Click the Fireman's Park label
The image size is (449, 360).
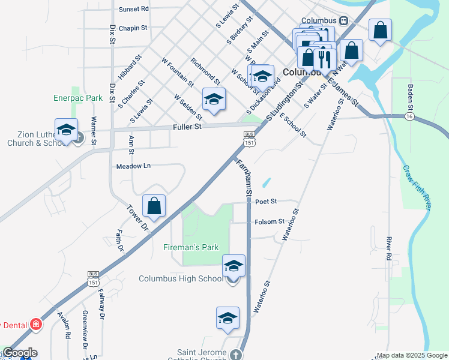pyautogui.click(x=191, y=247)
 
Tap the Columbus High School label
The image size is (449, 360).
pyautogui.click(x=181, y=278)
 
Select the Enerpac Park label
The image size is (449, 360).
pyautogui.click(x=79, y=97)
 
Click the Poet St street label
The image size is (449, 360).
pyautogui.click(x=265, y=202)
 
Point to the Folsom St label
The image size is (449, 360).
pyautogui.click(x=270, y=221)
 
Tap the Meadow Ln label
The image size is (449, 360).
pyautogui.click(x=133, y=166)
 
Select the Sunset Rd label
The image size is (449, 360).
pyautogui.click(x=133, y=9)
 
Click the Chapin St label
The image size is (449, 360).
pyautogui.click(x=133, y=28)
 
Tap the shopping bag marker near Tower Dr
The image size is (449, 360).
pyautogui.click(x=154, y=206)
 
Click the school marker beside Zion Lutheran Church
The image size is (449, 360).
pyautogui.click(x=67, y=130)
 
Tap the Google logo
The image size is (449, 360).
pyautogui.click(x=19, y=353)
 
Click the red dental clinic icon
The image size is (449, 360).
pyautogui.click(x=37, y=325)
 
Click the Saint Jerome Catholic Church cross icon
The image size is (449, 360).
pyautogui.click(x=237, y=355)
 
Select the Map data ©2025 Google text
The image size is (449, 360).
pyautogui.click(x=411, y=355)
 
